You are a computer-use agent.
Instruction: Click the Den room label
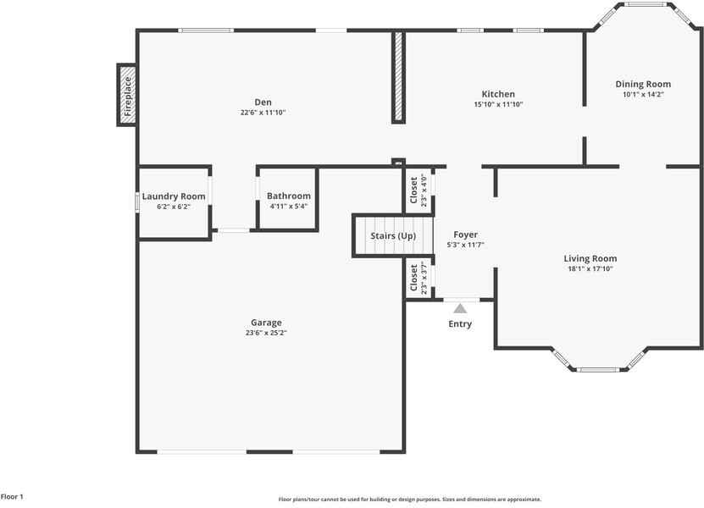[263, 102]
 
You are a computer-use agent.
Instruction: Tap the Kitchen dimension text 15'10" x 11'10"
[498, 104]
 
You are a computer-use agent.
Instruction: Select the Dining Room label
[643, 84]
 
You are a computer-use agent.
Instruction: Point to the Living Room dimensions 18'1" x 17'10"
[590, 268]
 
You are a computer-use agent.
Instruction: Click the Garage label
[266, 323]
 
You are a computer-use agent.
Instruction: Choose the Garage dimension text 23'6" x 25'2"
[266, 333]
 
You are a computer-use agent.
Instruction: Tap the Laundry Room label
[174, 196]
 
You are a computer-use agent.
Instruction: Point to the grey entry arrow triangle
[460, 308]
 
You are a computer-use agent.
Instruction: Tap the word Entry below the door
[460, 324]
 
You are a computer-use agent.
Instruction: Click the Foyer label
[465, 235]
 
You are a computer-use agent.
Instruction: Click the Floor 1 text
[12, 497]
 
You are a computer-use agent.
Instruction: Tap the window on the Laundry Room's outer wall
[137, 202]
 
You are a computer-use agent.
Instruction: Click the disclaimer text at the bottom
[409, 500]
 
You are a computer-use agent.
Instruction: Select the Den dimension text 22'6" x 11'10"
[263, 112]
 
